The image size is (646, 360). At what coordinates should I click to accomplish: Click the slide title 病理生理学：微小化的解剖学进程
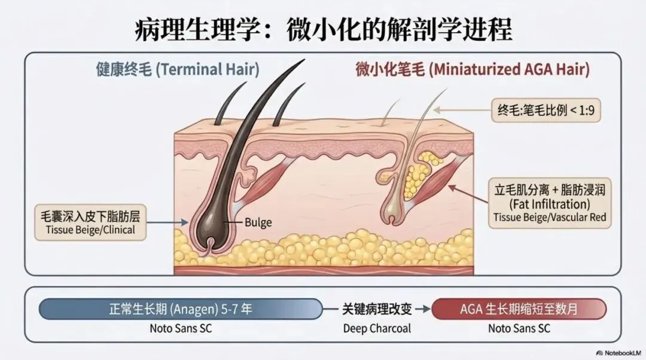point(324,28)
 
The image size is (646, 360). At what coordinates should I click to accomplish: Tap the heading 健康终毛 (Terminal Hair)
point(178,69)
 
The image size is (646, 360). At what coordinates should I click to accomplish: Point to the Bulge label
point(258,222)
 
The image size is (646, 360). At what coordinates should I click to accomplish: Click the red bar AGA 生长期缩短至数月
point(519,309)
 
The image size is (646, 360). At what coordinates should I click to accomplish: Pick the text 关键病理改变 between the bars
point(377,309)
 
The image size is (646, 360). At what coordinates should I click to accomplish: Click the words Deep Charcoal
point(377,328)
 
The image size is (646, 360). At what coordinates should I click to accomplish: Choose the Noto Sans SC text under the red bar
point(519,328)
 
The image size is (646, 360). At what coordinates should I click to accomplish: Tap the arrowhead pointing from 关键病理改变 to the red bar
point(426,309)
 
